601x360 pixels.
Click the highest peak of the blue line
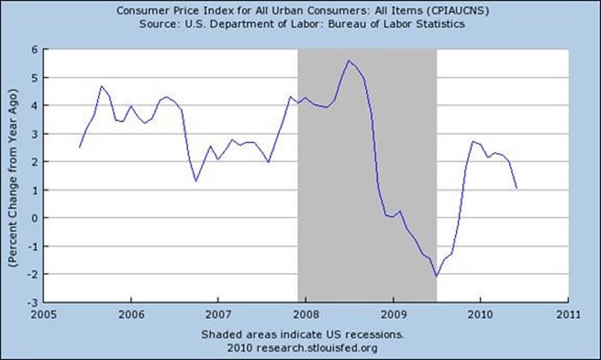(x=349, y=61)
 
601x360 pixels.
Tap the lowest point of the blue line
(x=436, y=276)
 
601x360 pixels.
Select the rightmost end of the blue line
(x=516, y=187)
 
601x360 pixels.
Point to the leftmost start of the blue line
(x=79, y=147)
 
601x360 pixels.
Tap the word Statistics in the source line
(x=439, y=25)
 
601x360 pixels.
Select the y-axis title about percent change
(x=13, y=175)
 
